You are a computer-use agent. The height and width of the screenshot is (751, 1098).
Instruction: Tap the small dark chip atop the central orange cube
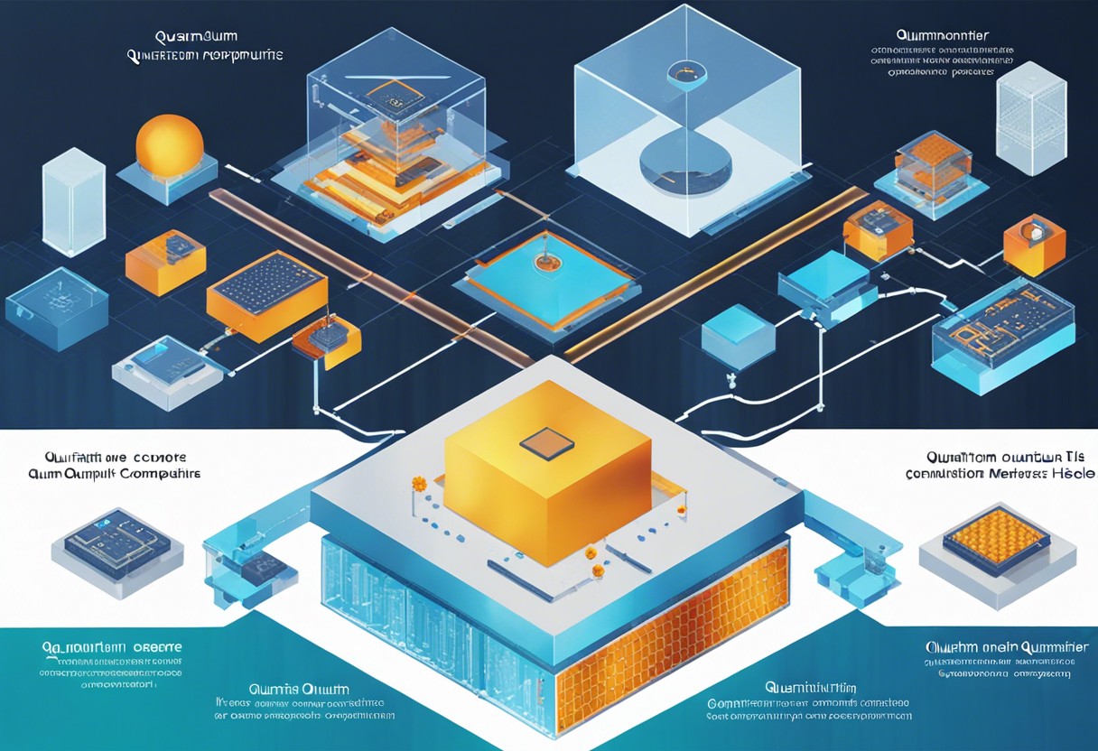[x=546, y=441]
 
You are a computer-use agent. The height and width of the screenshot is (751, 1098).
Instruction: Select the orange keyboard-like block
[x=266, y=294]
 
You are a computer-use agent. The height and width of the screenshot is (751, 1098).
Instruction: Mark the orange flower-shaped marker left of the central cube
[x=418, y=484]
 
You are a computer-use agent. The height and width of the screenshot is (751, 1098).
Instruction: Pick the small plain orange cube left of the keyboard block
[x=165, y=263]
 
